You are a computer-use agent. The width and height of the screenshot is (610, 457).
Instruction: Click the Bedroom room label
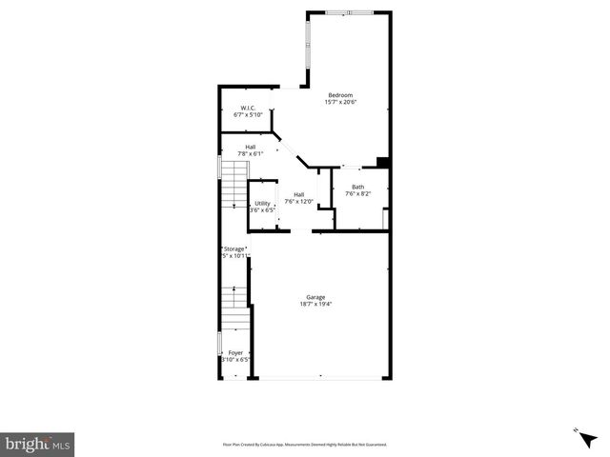click(340, 94)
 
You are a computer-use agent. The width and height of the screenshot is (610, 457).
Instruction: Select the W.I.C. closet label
click(247, 108)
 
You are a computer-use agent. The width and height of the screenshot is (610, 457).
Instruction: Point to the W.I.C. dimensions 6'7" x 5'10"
click(247, 114)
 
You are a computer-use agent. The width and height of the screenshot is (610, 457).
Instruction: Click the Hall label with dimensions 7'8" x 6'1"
click(250, 147)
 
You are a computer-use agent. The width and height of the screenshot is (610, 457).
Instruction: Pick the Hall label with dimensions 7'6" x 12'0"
click(298, 194)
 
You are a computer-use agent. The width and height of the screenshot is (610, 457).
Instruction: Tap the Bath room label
click(357, 187)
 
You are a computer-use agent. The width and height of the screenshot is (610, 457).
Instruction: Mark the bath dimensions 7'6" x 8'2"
click(357, 193)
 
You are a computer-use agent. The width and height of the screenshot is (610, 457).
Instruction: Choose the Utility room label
click(261, 203)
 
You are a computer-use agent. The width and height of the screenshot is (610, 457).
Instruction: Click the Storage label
click(234, 248)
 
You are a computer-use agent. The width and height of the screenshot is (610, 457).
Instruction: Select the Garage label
click(317, 297)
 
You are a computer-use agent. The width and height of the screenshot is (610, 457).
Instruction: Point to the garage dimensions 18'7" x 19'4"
click(317, 304)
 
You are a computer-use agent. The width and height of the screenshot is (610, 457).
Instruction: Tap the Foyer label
click(235, 353)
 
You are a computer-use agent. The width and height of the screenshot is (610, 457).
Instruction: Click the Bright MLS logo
click(38, 444)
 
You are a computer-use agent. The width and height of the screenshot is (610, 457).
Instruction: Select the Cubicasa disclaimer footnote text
click(305, 445)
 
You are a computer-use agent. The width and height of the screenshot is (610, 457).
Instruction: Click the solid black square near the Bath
click(382, 162)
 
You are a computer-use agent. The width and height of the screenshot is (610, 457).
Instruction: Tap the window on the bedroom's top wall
click(360, 12)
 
